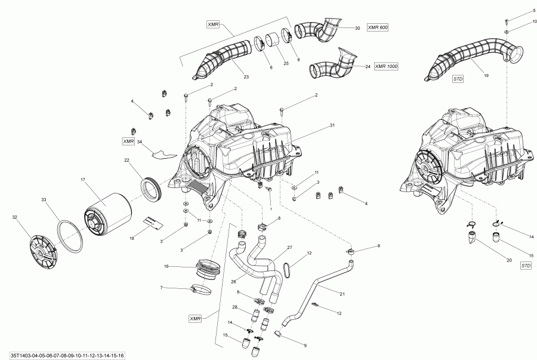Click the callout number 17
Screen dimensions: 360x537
tap(83, 179)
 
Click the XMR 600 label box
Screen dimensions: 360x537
tap(377, 28)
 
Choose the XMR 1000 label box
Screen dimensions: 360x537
tap(385, 66)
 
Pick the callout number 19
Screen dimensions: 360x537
tap(486, 76)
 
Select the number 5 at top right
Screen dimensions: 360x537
tap(517, 11)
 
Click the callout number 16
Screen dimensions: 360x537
tap(166, 266)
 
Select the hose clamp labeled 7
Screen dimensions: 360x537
tap(200, 291)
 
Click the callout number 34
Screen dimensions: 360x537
tap(139, 141)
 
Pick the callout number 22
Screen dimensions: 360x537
tap(126, 160)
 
